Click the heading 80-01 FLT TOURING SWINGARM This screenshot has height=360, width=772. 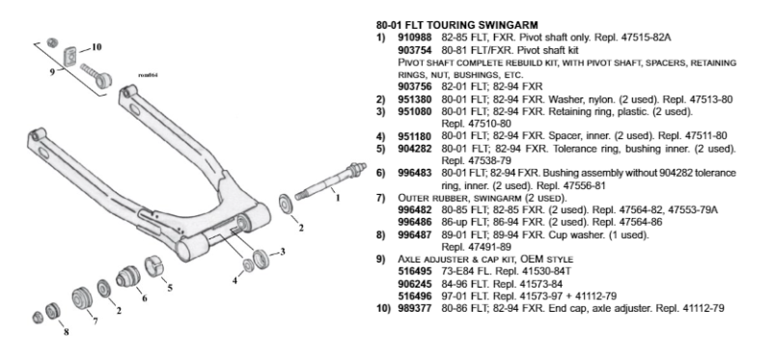(x=456, y=25)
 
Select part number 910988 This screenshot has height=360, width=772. (x=415, y=38)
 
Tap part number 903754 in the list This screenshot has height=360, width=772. (x=415, y=50)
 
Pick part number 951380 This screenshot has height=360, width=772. (x=415, y=99)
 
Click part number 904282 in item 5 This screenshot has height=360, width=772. (x=415, y=149)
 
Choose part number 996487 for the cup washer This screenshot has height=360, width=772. (x=415, y=235)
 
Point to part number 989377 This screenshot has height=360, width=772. (x=415, y=309)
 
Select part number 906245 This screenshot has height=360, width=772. (x=415, y=284)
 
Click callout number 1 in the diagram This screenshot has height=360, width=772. (x=337, y=198)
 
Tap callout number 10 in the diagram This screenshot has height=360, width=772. (x=96, y=47)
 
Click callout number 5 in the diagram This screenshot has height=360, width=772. (x=170, y=288)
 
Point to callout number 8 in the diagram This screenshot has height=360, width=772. (x=66, y=332)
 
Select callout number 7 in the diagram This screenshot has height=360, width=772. (x=95, y=321)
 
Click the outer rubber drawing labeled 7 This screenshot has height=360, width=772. (x=82, y=298)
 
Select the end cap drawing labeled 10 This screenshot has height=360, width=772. (x=71, y=54)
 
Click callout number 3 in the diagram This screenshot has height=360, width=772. (x=283, y=252)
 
